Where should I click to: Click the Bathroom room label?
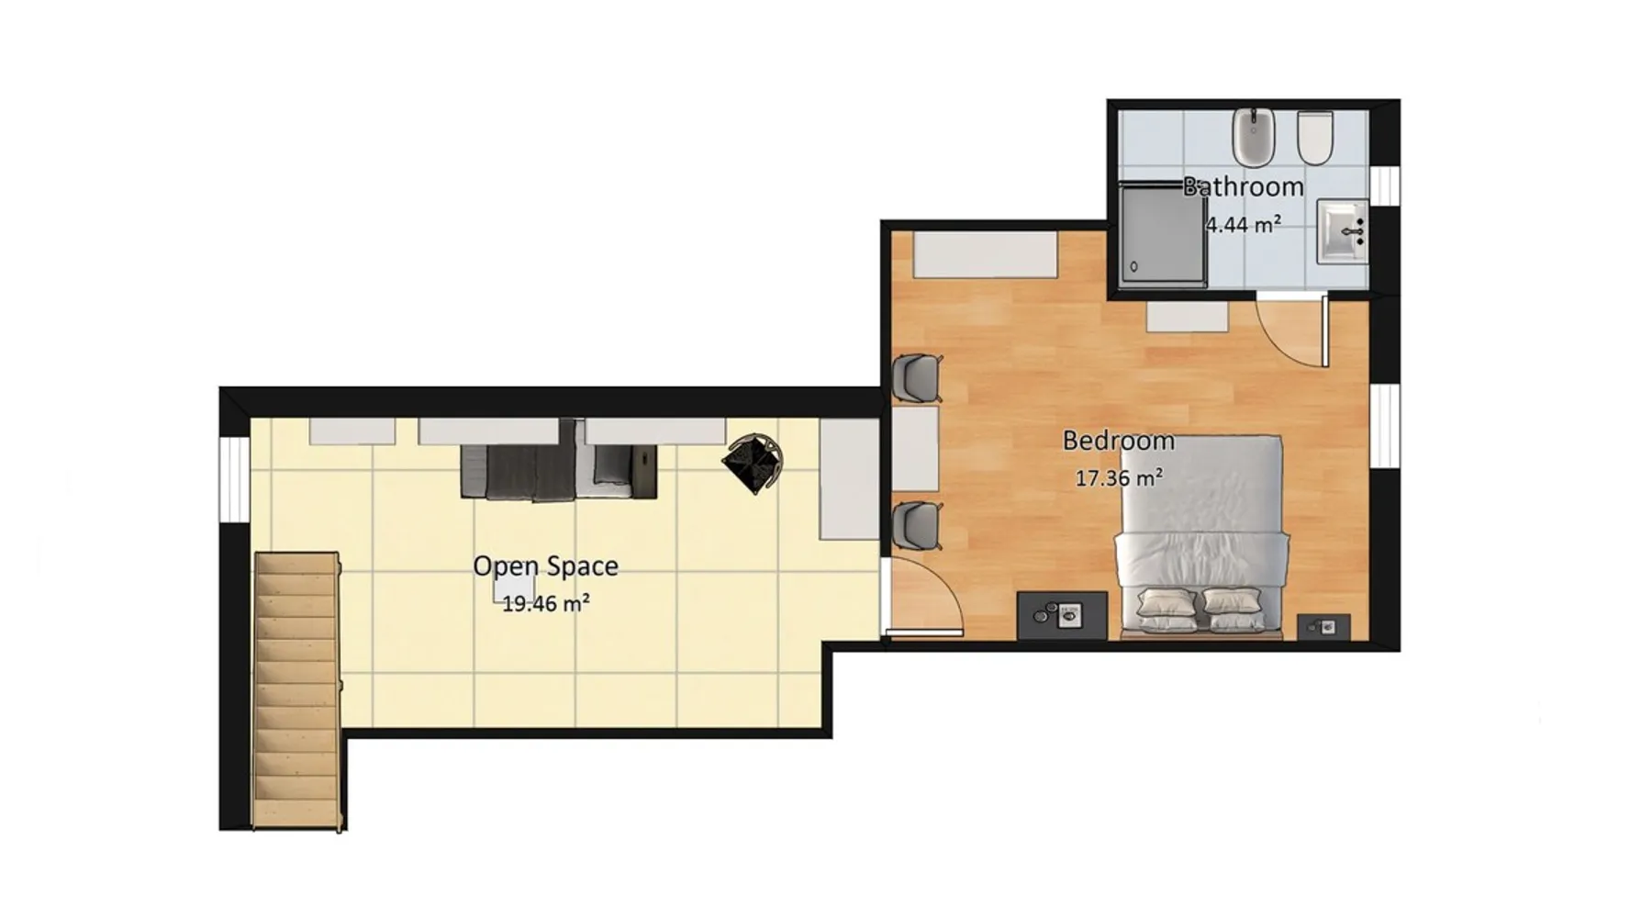(1243, 186)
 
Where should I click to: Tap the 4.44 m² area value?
(1243, 224)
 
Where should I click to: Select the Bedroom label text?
(1118, 441)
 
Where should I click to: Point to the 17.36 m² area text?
(1119, 478)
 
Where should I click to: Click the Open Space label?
(545, 566)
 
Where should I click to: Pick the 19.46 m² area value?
(545, 604)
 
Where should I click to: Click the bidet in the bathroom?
(1253, 138)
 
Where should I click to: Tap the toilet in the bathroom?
(1315, 139)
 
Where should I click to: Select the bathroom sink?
(1343, 232)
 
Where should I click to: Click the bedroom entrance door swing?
(922, 597)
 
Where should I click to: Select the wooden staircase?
(297, 690)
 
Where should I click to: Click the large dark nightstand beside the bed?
(1062, 615)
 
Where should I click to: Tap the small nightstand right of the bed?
(1323, 627)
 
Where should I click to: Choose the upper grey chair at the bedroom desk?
(918, 377)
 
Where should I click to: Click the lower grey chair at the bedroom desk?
(918, 525)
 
